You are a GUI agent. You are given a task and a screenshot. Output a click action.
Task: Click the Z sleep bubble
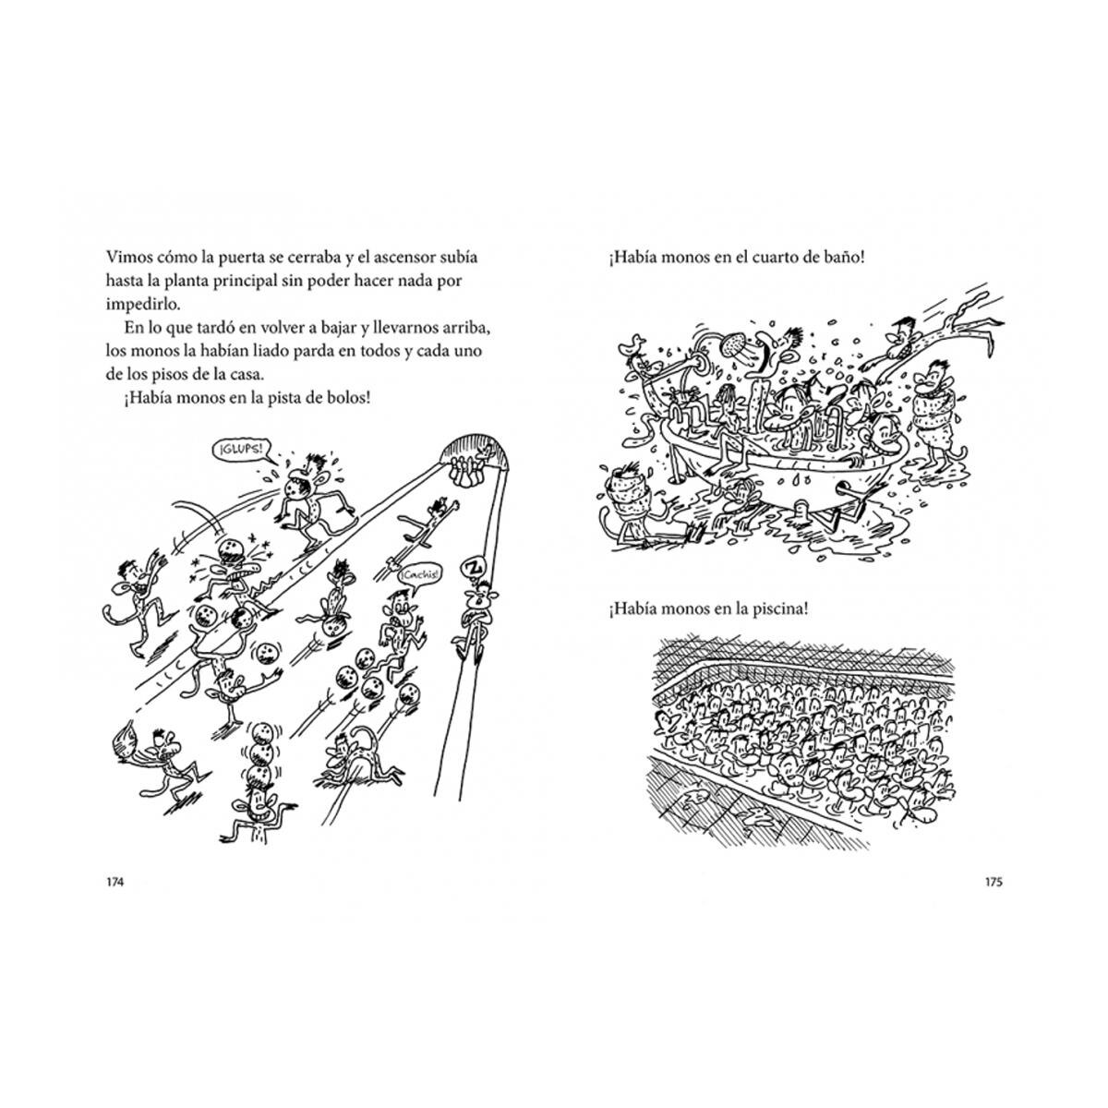click(475, 568)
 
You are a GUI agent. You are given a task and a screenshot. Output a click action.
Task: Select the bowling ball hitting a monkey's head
click(232, 551)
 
